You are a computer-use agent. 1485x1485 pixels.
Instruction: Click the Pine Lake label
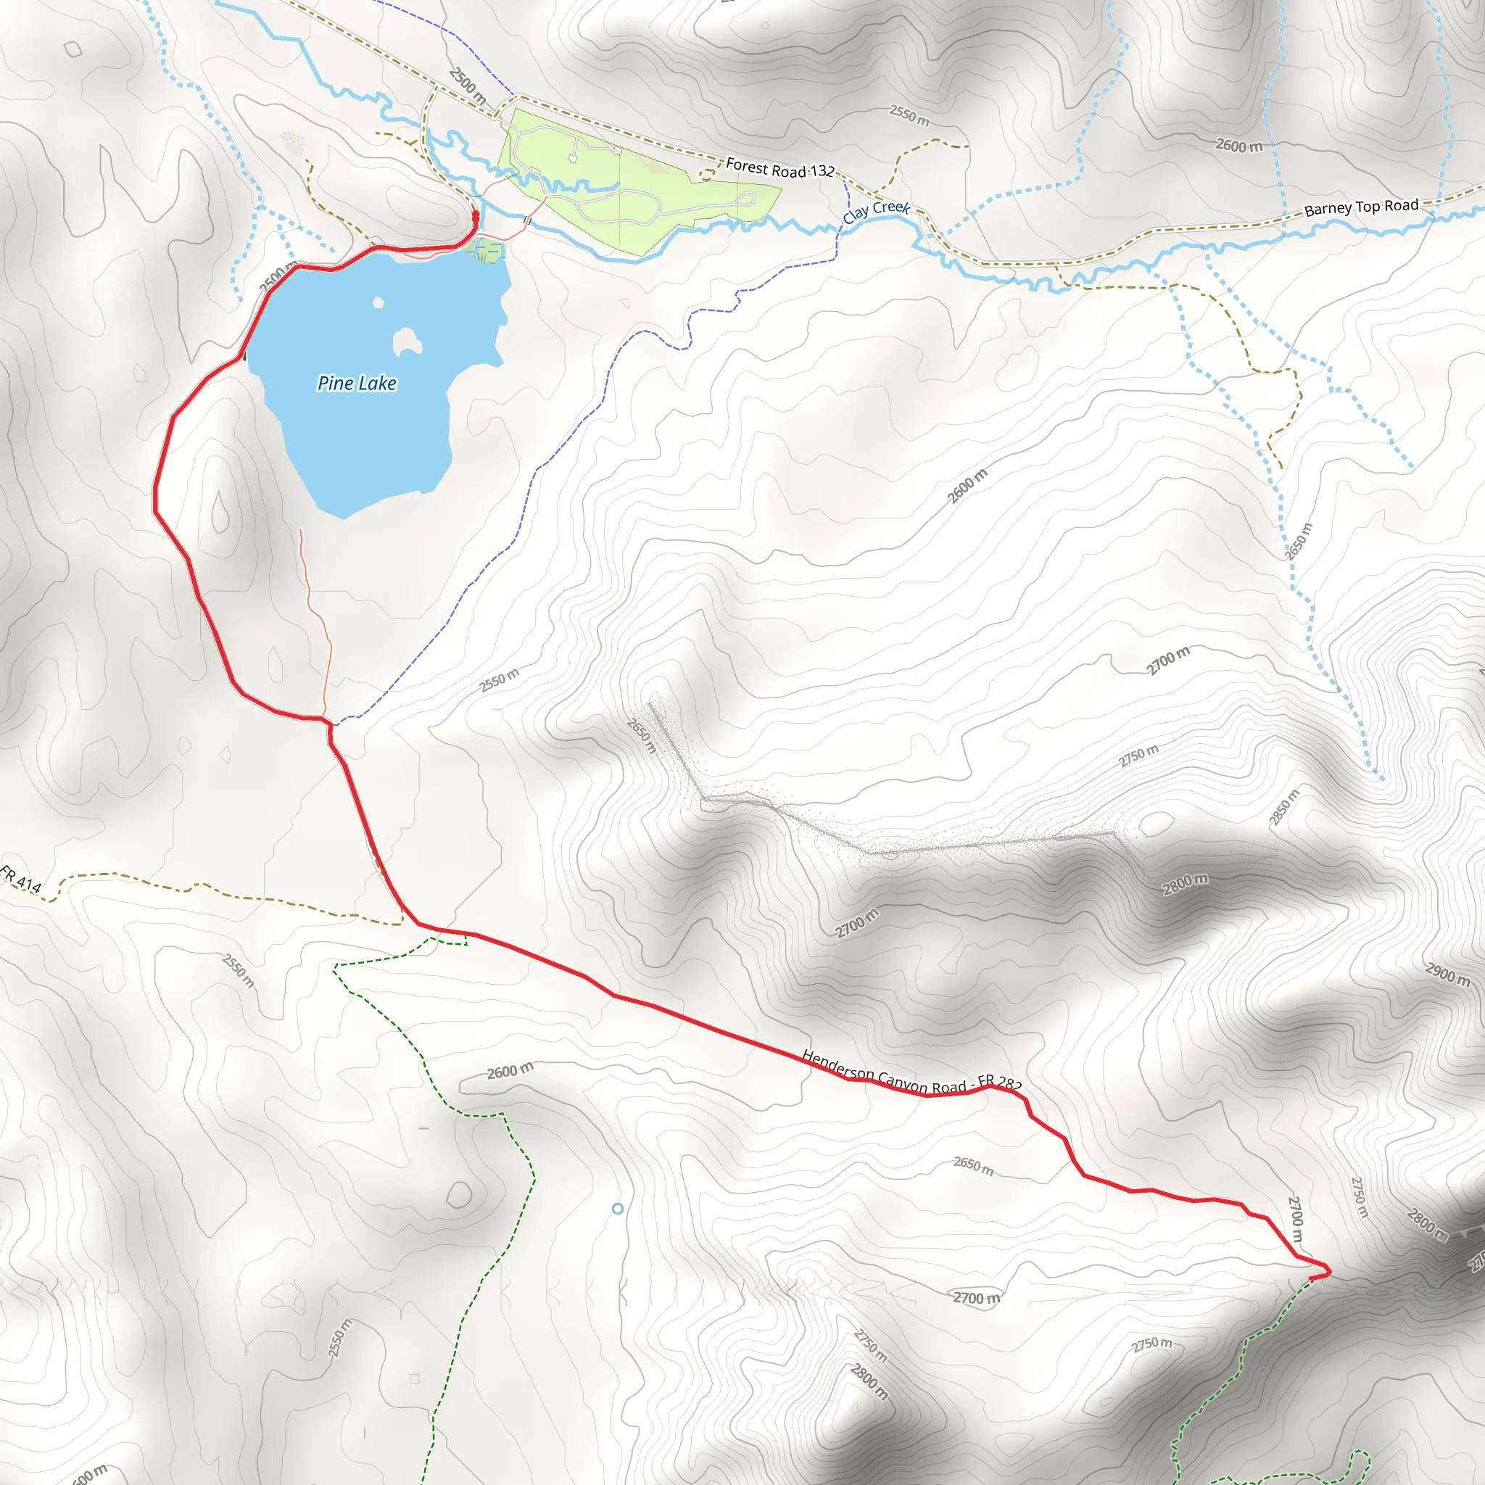pyautogui.click(x=357, y=383)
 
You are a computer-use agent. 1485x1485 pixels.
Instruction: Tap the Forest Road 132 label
pyautogui.click(x=779, y=168)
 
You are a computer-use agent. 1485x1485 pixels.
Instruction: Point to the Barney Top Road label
pyautogui.click(x=1361, y=207)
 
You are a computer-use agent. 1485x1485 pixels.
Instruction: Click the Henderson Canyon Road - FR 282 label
pyautogui.click(x=911, y=1072)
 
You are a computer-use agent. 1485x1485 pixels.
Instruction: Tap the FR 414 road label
pyautogui.click(x=21, y=880)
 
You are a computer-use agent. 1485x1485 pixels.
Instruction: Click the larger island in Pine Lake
pyautogui.click(x=407, y=342)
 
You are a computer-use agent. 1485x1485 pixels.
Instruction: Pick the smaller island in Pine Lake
pyautogui.click(x=379, y=303)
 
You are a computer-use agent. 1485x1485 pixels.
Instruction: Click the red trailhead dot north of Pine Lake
pyautogui.click(x=475, y=215)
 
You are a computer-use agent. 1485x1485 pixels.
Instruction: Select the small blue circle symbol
pyautogui.click(x=617, y=1209)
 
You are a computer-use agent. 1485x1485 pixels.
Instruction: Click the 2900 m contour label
pyautogui.click(x=1447, y=975)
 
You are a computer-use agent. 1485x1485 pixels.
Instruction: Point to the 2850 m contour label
pyautogui.click(x=1283, y=808)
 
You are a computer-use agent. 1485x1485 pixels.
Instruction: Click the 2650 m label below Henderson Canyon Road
pyautogui.click(x=973, y=1165)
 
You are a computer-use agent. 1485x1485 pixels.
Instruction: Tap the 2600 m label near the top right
pyautogui.click(x=1238, y=145)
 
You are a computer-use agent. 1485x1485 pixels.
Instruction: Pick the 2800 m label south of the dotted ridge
pyautogui.click(x=1185, y=884)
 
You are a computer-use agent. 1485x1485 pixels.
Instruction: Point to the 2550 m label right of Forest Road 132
pyautogui.click(x=909, y=115)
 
